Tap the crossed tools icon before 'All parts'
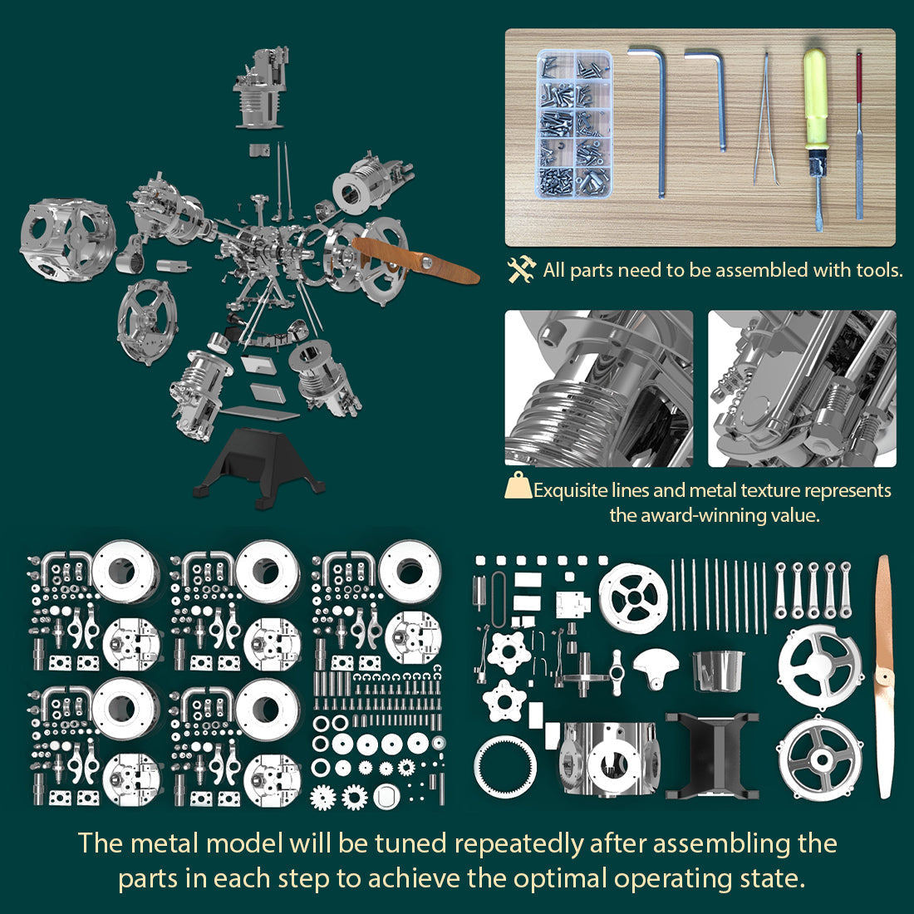(522, 269)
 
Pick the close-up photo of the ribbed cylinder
(598, 388)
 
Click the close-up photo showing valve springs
(802, 388)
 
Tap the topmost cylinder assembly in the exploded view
(263, 87)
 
